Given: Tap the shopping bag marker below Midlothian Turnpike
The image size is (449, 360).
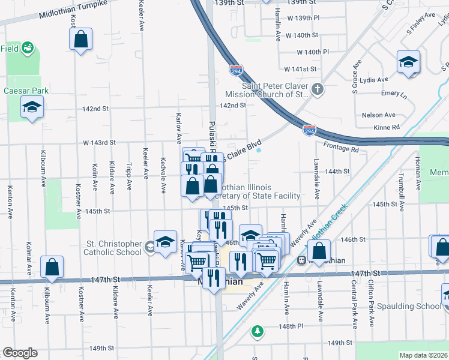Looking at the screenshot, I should (x=80, y=40).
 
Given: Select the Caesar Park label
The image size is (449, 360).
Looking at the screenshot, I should (x=26, y=91).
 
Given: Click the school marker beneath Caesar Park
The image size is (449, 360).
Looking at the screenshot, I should (x=32, y=108).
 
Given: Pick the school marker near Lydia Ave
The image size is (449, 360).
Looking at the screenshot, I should (x=408, y=62).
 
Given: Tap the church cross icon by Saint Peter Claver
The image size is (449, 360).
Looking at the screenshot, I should (x=318, y=90).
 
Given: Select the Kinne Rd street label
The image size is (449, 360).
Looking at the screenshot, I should (x=387, y=127).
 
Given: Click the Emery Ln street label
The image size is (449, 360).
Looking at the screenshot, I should (x=394, y=94).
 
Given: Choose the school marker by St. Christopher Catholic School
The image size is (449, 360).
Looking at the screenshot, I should (x=164, y=242).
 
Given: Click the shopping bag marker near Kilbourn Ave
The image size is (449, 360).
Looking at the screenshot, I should (x=52, y=267).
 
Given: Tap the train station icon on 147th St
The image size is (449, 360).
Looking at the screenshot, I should (x=302, y=260).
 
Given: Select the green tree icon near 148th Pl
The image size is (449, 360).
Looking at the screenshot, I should (x=257, y=331).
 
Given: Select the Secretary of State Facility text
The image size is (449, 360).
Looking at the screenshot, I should (x=258, y=196).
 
